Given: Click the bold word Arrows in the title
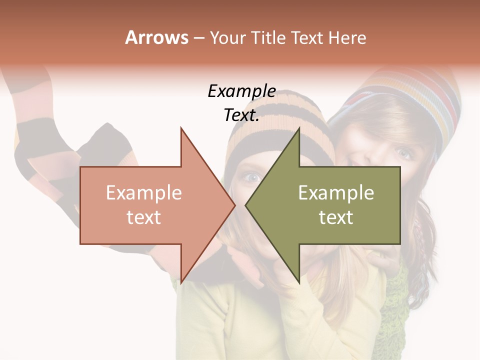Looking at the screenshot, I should [157, 37].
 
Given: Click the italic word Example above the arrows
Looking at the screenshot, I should [241, 91].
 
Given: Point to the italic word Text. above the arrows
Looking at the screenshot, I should [241, 115].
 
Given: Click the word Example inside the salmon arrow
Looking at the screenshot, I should [144, 193].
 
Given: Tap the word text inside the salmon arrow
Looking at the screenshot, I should [144, 217].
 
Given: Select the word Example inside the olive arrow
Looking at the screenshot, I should [336, 193].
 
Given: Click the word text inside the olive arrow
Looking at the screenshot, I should [336, 217].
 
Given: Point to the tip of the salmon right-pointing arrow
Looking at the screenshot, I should [235, 205].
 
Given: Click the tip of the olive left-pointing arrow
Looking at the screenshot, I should [246, 205].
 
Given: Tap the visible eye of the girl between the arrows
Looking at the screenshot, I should [253, 176].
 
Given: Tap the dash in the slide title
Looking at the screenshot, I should [198, 38].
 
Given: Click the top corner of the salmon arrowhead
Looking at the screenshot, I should [181, 128].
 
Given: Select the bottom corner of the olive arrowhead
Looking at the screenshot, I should [299, 282].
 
